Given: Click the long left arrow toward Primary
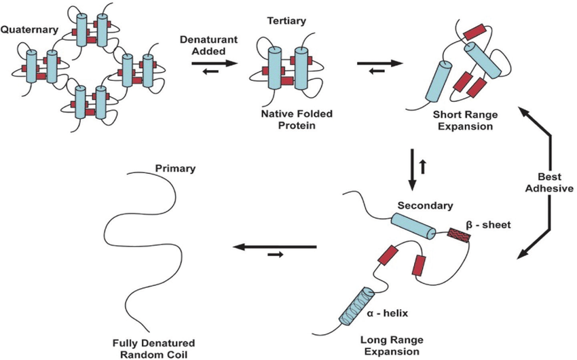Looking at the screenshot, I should pos(274,246).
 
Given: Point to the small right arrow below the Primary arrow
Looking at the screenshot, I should pos(275,255).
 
